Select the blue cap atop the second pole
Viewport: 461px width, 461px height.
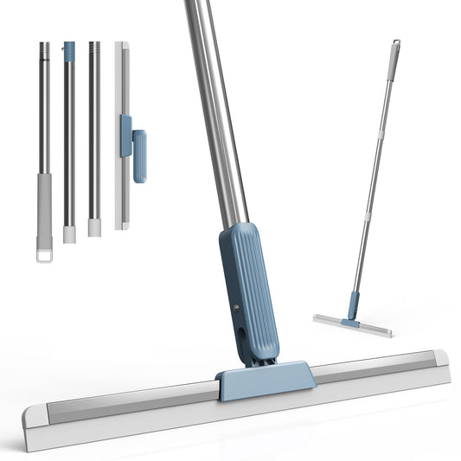click(68, 51)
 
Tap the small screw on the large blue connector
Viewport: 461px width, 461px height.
click(235, 307)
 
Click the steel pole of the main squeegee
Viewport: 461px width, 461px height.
click(216, 112)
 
